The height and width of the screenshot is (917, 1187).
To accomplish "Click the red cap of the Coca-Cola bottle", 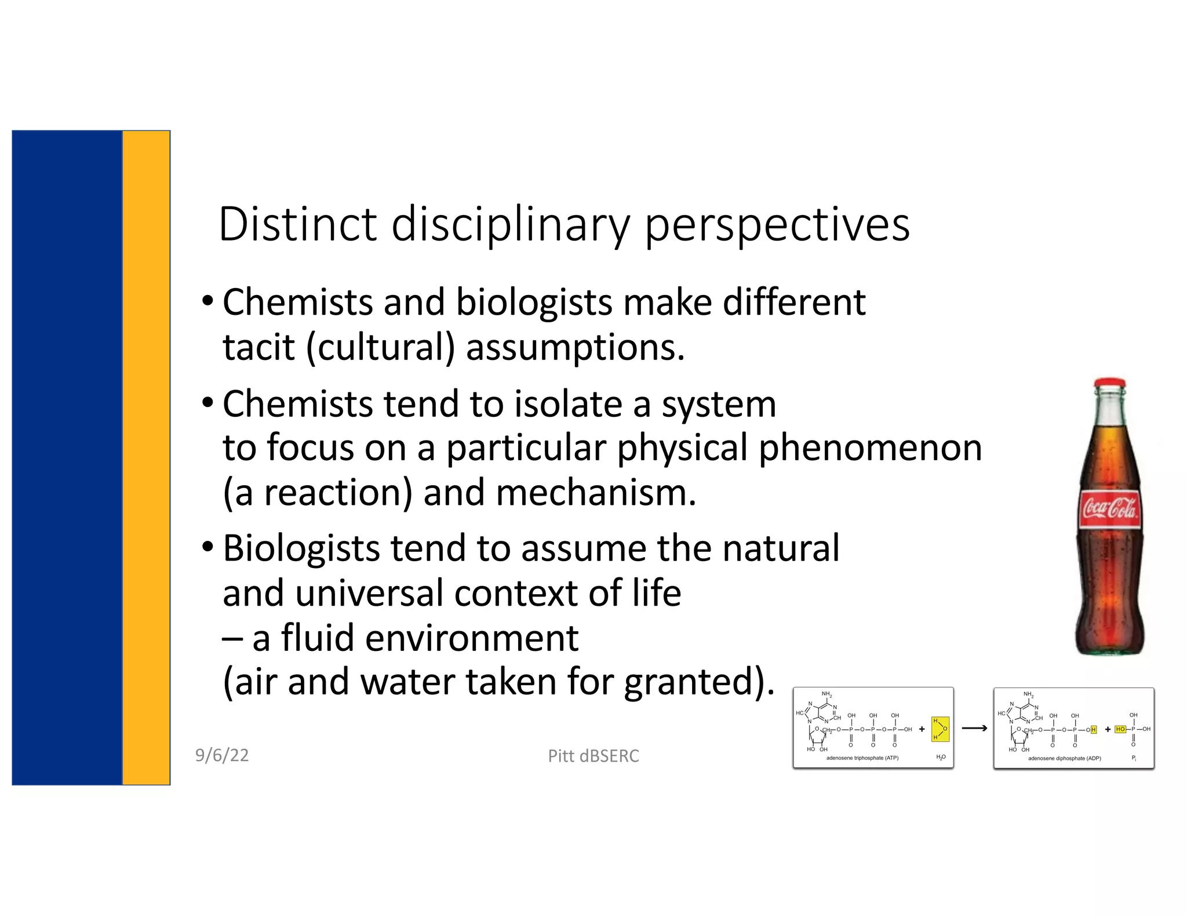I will click(x=1109, y=384).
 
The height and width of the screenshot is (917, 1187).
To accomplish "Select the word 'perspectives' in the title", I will click(x=777, y=225).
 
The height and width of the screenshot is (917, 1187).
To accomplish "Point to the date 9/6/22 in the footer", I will click(x=222, y=755).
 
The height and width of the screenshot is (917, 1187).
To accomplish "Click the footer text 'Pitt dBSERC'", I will click(x=593, y=756).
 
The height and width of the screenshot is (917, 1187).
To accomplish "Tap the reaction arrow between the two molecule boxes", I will click(x=974, y=729).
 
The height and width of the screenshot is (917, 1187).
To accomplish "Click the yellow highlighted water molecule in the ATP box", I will click(x=940, y=729).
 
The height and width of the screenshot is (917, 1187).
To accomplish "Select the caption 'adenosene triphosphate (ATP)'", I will click(x=862, y=758).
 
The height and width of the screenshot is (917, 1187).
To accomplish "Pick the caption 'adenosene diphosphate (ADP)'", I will click(x=1064, y=758).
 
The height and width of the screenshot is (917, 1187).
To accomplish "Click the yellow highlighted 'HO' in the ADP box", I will click(x=1120, y=729).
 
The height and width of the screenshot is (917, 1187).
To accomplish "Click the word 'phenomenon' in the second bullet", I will click(x=869, y=448).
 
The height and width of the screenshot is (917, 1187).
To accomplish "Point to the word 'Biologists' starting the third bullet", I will click(x=301, y=548).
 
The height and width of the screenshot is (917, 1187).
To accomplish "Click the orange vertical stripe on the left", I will click(x=146, y=458).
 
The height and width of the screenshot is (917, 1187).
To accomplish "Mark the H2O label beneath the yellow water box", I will click(x=941, y=758).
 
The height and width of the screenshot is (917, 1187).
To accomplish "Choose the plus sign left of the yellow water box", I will click(x=922, y=729).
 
